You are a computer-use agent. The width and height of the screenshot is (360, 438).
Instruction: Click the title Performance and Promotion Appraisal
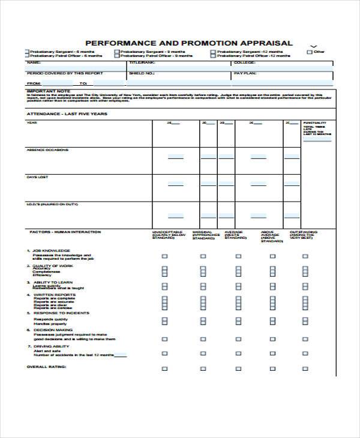189,43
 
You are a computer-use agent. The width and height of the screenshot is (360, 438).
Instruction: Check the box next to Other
310,52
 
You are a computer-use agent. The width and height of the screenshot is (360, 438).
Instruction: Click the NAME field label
34,62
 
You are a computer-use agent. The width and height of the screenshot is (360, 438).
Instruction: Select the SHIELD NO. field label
142,73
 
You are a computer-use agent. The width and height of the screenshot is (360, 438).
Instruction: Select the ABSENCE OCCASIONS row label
47,150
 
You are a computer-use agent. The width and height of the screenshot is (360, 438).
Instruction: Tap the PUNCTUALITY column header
315,122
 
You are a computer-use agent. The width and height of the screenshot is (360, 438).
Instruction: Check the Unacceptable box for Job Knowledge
164,256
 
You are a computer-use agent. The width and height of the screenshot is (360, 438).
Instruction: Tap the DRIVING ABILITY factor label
50,346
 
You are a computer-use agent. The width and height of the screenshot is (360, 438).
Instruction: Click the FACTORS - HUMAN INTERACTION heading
65,232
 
